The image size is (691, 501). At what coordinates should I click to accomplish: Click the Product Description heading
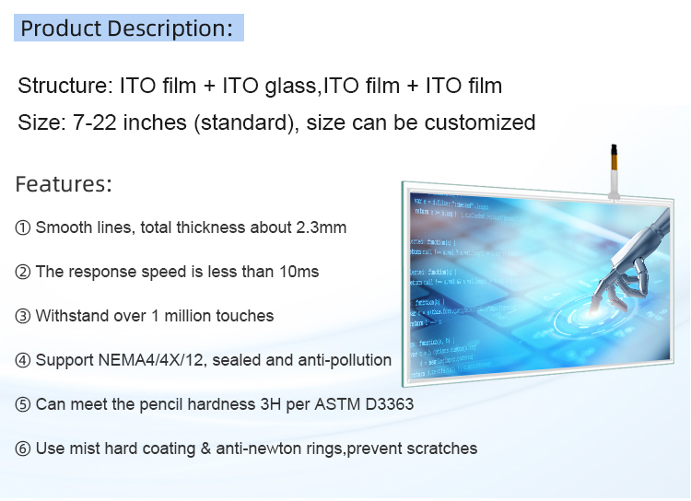(126, 28)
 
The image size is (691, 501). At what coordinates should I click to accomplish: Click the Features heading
(64, 184)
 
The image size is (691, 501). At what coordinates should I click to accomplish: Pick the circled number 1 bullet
(23, 227)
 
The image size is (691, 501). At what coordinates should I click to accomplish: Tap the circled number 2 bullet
(23, 272)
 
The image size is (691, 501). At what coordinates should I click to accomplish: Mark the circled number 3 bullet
(23, 316)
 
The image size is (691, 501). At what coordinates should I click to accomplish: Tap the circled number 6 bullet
(23, 449)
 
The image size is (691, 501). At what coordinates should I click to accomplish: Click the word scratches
(443, 449)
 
